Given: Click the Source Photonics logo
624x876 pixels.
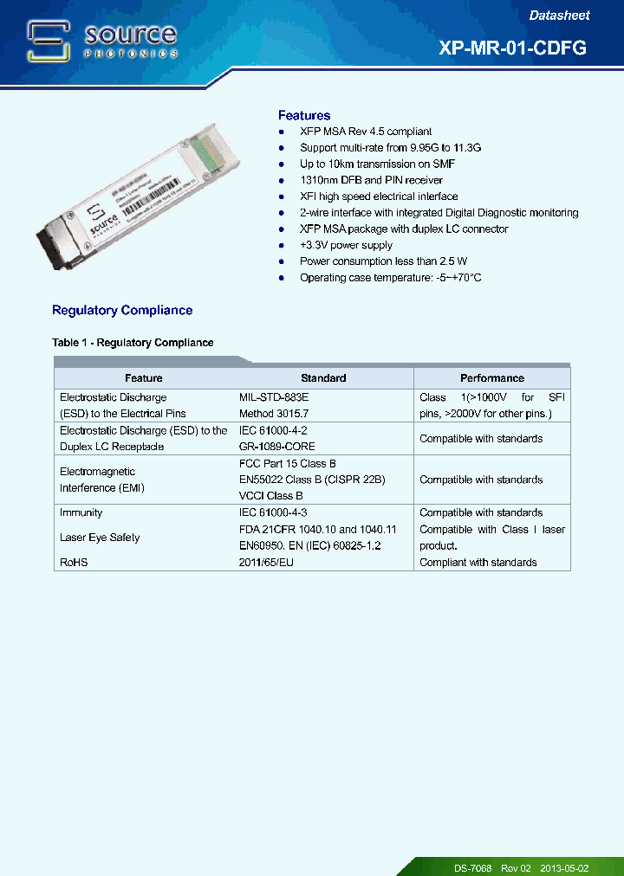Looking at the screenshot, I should (x=102, y=41).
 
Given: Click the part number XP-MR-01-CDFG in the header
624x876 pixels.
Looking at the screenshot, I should (x=513, y=48).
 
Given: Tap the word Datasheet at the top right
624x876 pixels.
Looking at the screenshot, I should (x=559, y=16).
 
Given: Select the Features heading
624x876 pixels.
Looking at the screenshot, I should (x=304, y=115).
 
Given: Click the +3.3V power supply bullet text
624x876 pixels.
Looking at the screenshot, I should (x=346, y=245).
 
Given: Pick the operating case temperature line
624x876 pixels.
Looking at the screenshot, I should (x=390, y=278).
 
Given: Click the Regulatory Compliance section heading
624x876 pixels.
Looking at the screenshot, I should (x=122, y=310).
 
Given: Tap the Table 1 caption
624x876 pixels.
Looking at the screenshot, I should (x=133, y=343).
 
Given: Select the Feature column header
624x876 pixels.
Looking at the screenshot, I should (x=144, y=378).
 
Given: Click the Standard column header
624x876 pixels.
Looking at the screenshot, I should (x=323, y=378).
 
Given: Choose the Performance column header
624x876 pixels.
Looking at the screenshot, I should (x=492, y=378).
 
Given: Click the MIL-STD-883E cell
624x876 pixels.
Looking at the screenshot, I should (x=274, y=397).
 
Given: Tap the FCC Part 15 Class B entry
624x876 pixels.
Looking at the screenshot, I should (x=287, y=463).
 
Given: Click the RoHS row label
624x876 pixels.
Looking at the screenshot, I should (x=74, y=563).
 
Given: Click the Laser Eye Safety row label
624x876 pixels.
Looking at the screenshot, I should (x=100, y=538).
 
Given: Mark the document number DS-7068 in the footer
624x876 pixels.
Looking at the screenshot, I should (x=472, y=867).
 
